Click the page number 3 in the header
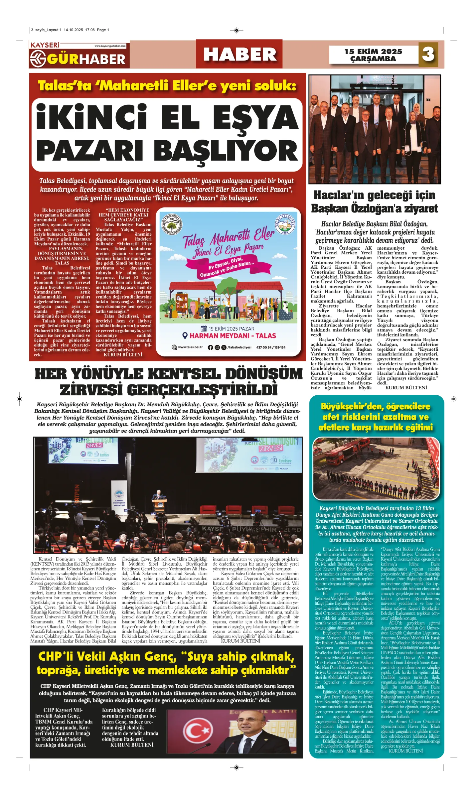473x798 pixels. tap(428, 54)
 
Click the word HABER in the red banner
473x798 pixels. tap(239, 55)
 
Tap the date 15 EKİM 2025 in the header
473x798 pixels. tap(373, 52)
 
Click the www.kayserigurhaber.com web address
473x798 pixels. tap(110, 46)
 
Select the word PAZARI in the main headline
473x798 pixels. tap(90, 151)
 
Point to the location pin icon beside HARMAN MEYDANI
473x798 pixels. tap(185, 336)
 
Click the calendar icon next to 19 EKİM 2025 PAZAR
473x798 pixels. tap(204, 329)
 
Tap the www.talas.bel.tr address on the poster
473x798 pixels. tap(190, 347)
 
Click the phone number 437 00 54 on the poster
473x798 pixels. tap(263, 347)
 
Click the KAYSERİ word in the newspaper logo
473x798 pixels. tap(45, 45)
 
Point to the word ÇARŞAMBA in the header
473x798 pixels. tap(373, 59)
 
